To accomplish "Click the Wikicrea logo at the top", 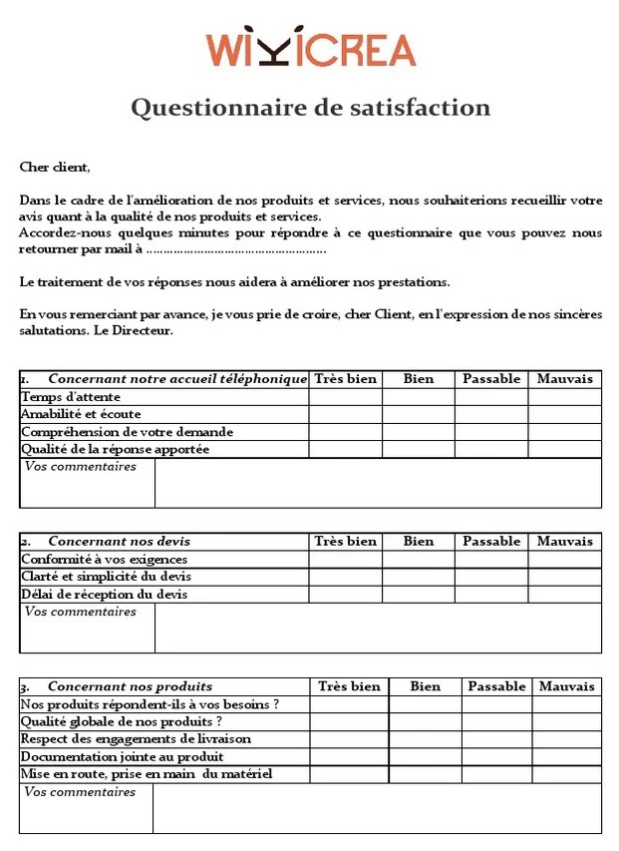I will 310,49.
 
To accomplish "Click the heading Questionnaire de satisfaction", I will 310,107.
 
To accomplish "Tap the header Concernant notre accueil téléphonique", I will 176,379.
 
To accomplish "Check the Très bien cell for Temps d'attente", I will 345,397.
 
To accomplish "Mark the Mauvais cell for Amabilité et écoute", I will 564,414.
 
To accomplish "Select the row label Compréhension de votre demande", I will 127,432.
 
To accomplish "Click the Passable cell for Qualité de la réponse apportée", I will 491,450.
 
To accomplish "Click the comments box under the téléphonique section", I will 378,483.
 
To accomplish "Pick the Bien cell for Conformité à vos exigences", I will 419,560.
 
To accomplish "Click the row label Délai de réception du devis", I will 104,595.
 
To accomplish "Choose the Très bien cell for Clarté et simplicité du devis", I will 345,577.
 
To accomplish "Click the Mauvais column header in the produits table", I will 566,686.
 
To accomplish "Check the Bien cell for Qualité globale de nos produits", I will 425,721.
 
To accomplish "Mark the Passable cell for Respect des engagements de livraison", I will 496,739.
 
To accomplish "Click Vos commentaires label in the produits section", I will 80,792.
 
